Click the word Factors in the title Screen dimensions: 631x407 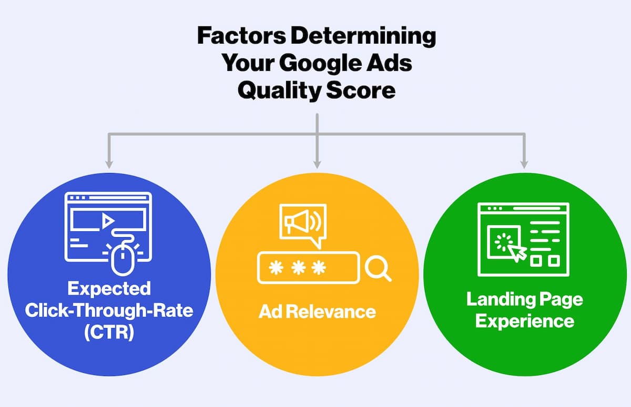[242, 35]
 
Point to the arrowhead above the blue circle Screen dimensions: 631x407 [109, 164]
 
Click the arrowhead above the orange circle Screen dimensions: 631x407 [317, 164]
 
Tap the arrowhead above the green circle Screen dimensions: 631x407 [524, 164]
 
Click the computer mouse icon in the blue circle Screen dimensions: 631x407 [123, 257]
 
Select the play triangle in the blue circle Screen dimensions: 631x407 [107, 221]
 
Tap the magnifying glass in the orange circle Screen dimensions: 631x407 [378, 270]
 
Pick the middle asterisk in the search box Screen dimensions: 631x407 [298, 268]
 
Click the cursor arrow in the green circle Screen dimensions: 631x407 [517, 253]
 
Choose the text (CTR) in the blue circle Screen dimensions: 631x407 [109, 332]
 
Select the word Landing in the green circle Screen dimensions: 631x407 [500, 300]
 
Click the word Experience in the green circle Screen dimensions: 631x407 [525, 322]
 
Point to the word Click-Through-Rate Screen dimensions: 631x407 [109, 310]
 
